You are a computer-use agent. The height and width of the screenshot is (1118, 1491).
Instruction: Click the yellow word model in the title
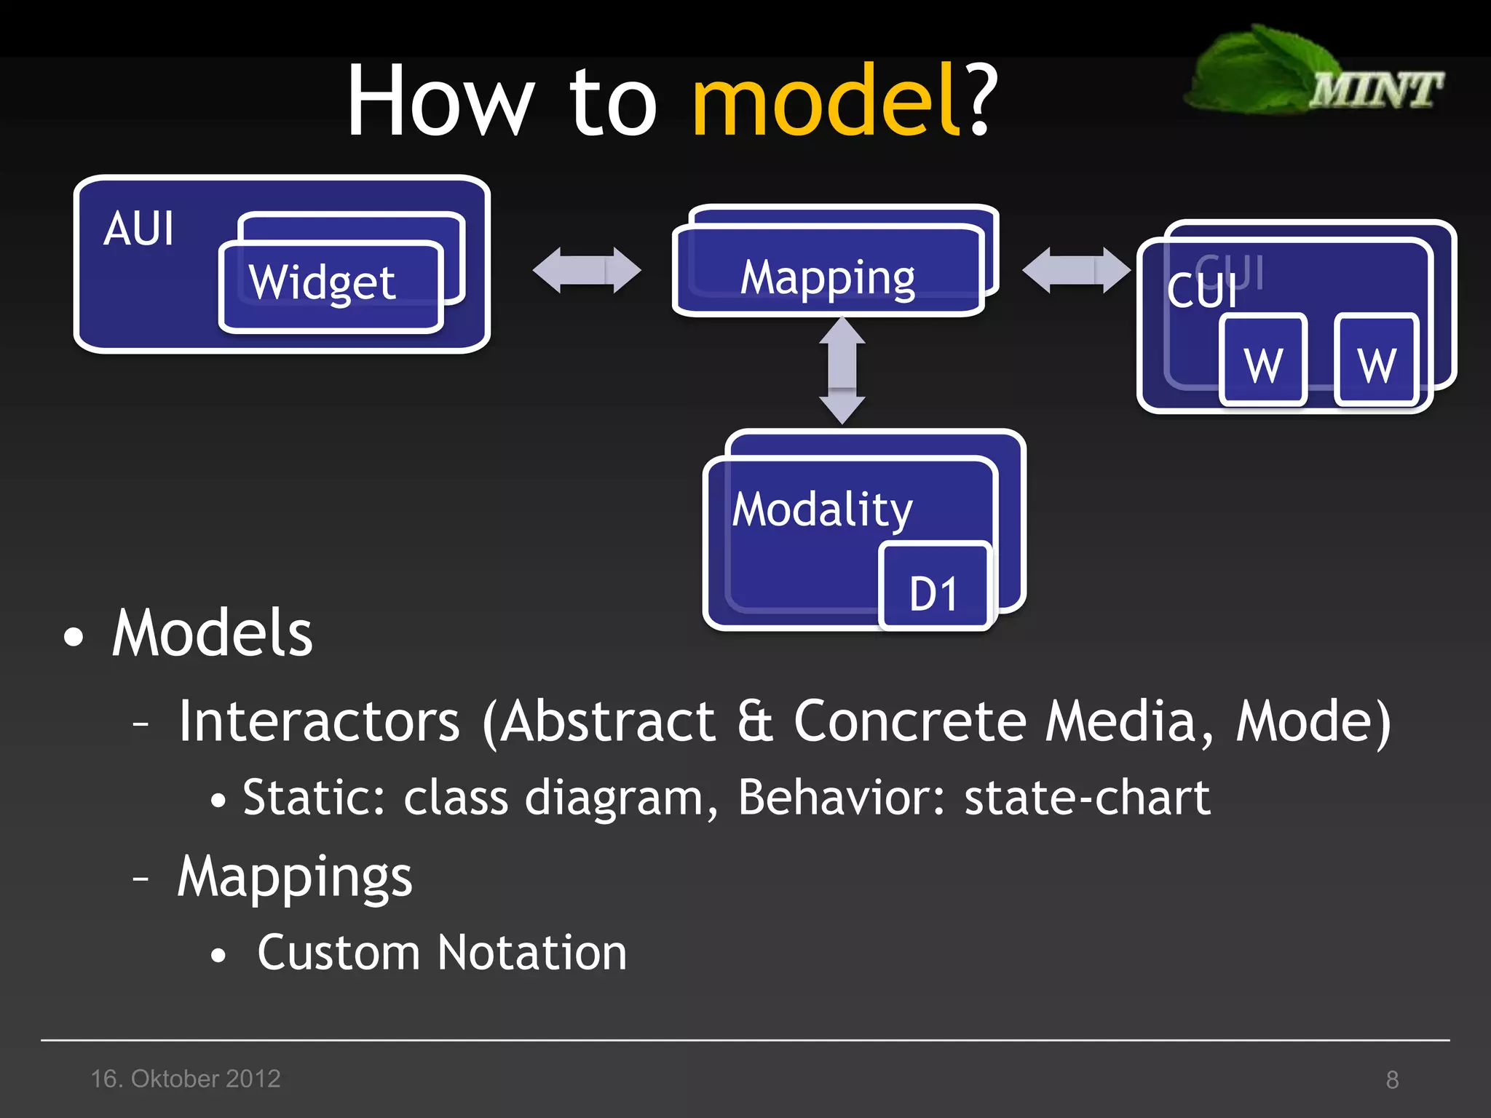coord(826,102)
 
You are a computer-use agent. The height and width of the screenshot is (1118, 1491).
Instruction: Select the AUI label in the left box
coord(138,229)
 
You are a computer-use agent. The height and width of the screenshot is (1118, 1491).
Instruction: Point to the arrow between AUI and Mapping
coord(587,270)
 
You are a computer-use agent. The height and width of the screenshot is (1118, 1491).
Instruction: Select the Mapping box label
coord(828,278)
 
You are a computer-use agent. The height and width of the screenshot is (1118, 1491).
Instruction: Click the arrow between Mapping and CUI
coord(1076,270)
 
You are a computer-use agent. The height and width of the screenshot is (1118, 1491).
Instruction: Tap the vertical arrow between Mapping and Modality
coord(842,370)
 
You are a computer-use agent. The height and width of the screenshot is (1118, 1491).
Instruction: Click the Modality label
coord(822,510)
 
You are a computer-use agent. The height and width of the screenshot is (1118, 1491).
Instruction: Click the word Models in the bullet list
coord(212,634)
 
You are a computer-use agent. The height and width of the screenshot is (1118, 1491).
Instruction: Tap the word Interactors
coord(319,721)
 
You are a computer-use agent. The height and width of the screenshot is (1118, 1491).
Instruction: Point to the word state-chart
coord(1087,798)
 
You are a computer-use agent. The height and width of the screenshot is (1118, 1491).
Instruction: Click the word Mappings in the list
coord(295,877)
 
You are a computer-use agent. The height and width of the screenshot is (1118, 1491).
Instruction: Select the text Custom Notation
coord(442,953)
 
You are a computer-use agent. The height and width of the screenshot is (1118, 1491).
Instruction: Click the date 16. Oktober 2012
coord(186,1079)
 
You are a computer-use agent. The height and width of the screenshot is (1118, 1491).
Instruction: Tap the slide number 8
coord(1392,1079)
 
